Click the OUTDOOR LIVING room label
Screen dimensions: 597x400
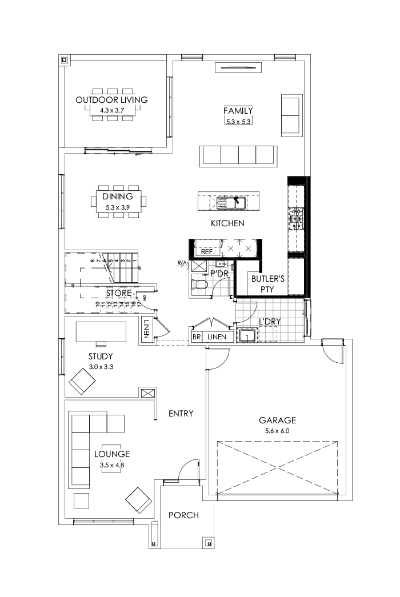pyautogui.click(x=111, y=100)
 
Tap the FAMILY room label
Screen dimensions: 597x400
pyautogui.click(x=238, y=111)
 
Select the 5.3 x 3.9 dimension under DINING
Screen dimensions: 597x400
pyautogui.click(x=118, y=207)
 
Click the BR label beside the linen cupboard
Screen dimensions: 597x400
pyautogui.click(x=196, y=337)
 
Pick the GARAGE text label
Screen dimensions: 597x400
pyautogui.click(x=277, y=420)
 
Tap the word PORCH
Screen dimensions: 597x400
pyautogui.click(x=183, y=515)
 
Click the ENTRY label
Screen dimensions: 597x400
pyautogui.click(x=181, y=413)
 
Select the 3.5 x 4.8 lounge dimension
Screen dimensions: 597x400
pyautogui.click(x=112, y=466)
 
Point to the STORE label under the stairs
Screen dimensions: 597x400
pyautogui.click(x=119, y=294)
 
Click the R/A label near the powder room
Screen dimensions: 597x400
pyautogui.click(x=182, y=263)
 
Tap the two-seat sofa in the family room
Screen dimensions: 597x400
pyautogui.click(x=291, y=116)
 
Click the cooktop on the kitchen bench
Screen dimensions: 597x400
pyautogui.click(x=297, y=217)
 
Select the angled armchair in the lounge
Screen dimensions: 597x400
pyautogui.click(x=138, y=499)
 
